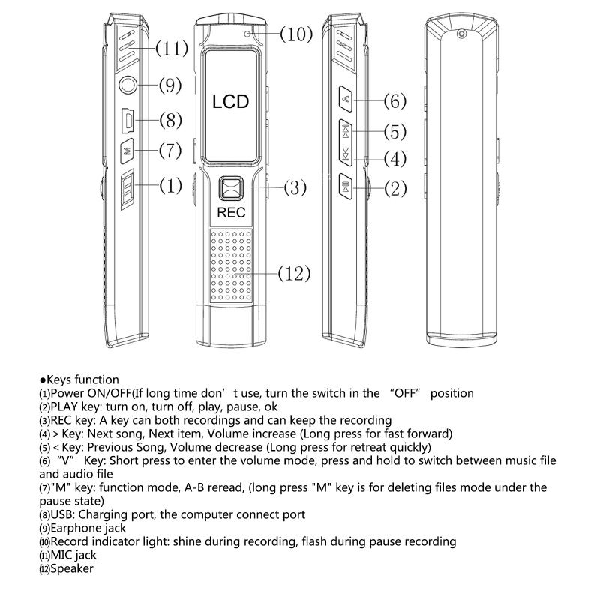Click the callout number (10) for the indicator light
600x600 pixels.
(296, 34)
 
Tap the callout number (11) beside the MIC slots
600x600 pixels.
(172, 49)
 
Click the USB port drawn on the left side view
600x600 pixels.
(128, 119)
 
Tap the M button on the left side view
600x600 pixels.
(127, 150)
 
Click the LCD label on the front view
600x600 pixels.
(230, 102)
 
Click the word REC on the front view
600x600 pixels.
(231, 212)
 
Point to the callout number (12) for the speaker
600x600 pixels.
(294, 273)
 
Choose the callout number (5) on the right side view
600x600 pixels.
(394, 133)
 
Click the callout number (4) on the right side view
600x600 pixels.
(394, 159)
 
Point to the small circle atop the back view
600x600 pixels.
(461, 34)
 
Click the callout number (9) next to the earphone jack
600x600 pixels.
(170, 85)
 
